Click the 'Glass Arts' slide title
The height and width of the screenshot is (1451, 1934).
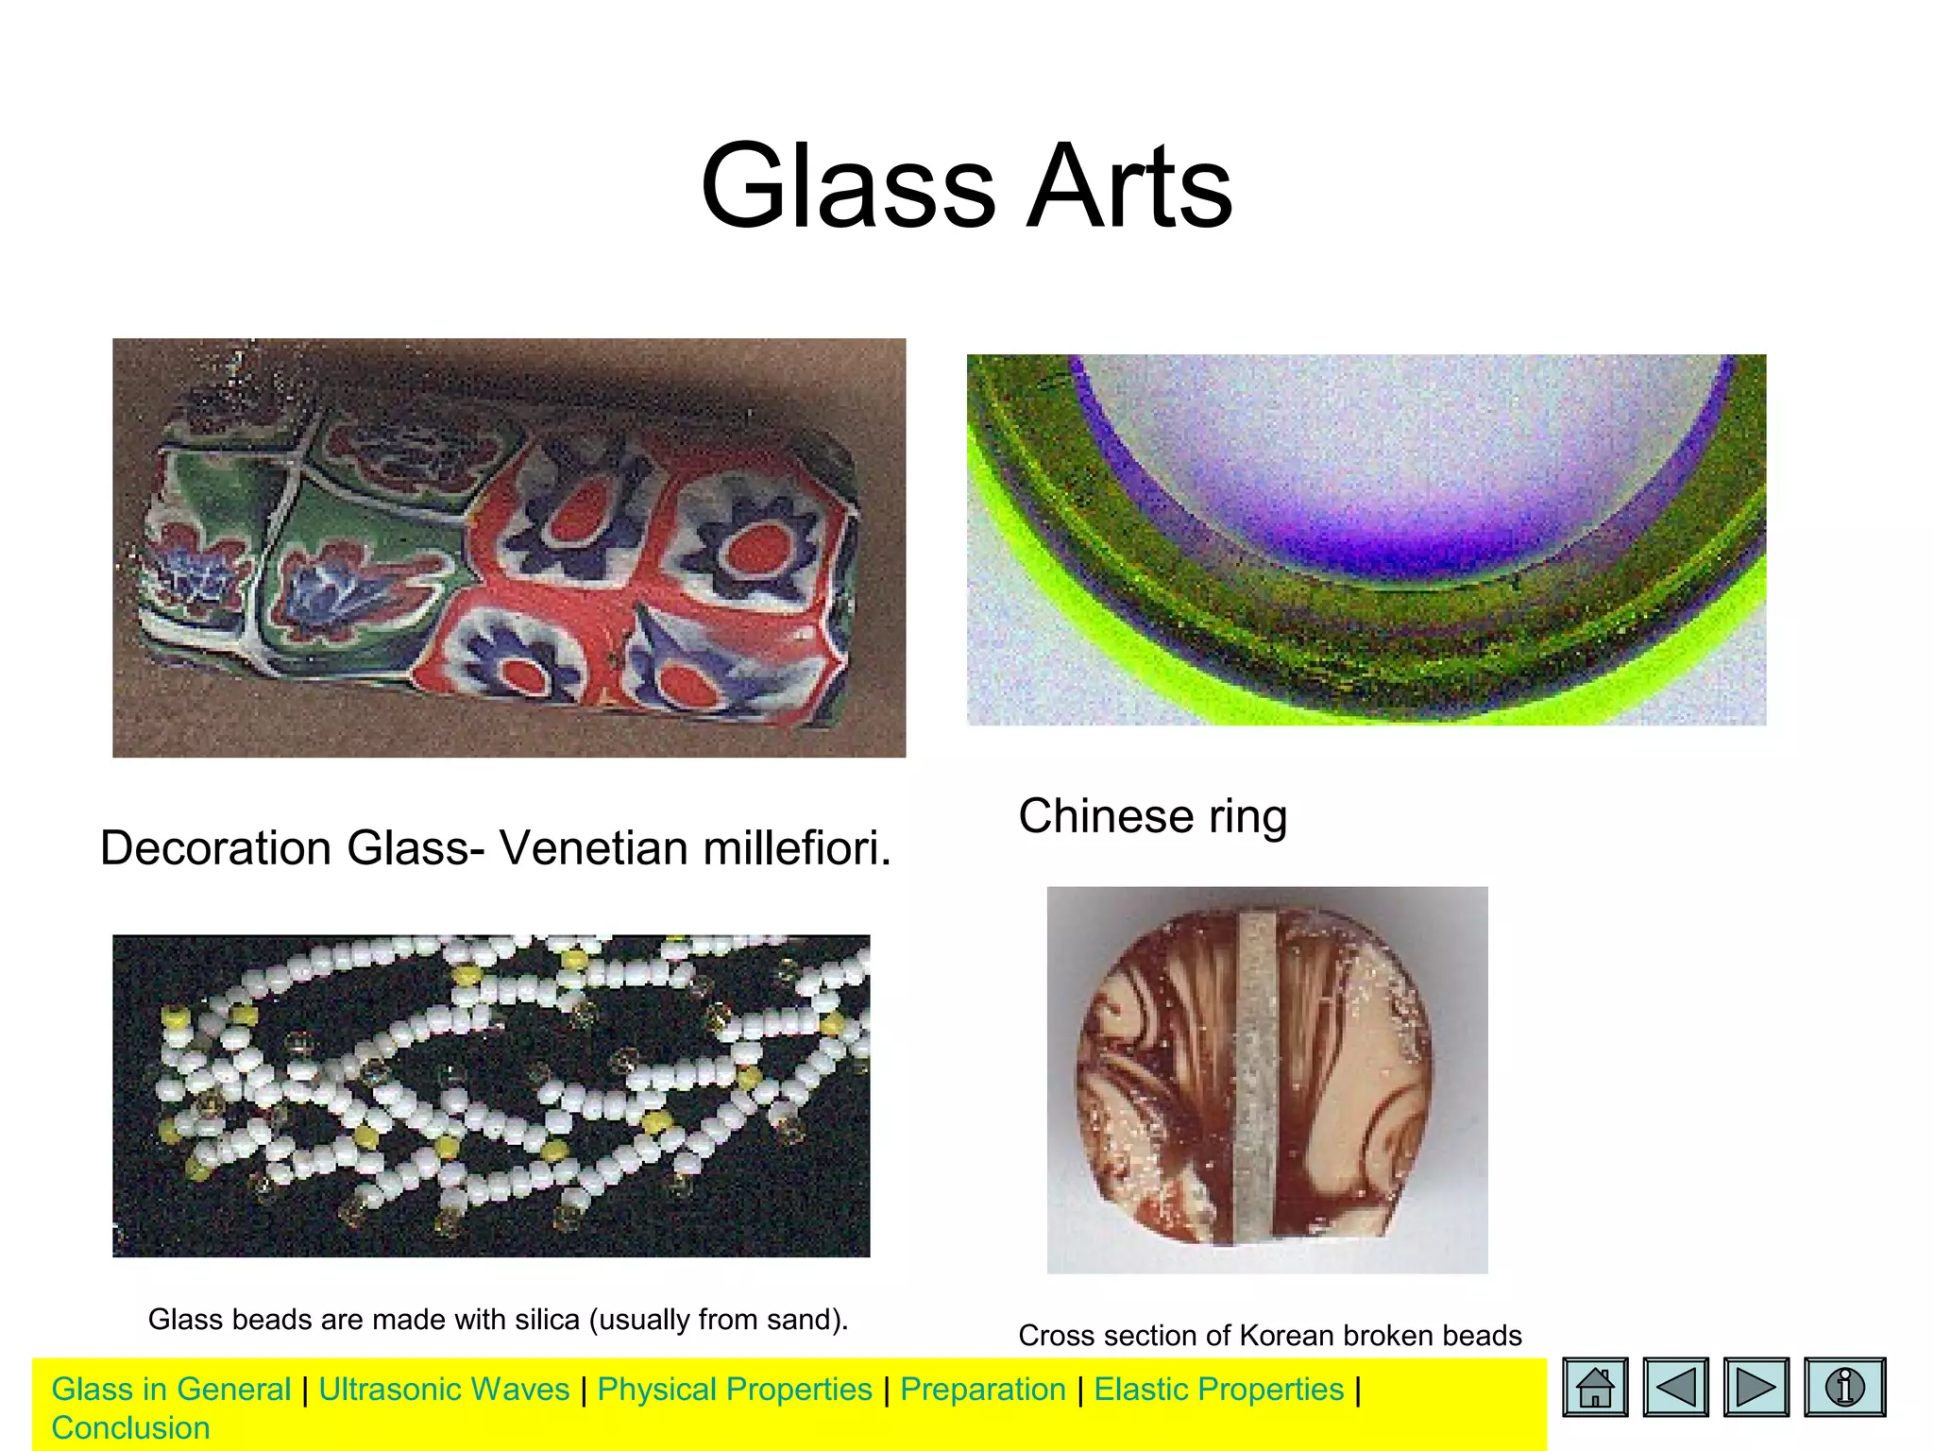click(x=966, y=185)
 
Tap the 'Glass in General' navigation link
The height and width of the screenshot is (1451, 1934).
click(x=171, y=1389)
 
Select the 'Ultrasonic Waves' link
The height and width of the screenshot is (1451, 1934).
click(x=444, y=1389)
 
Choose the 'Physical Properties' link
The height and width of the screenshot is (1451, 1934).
click(x=735, y=1389)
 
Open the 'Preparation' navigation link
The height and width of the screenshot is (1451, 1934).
click(x=982, y=1389)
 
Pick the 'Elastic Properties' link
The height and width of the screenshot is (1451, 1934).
click(x=1218, y=1389)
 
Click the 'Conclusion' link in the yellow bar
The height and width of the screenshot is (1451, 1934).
click(x=130, y=1427)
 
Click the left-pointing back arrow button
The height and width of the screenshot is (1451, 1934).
click(x=1675, y=1387)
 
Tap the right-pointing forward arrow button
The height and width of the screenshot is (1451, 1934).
click(x=1756, y=1387)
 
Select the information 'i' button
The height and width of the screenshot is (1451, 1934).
click(x=1843, y=1387)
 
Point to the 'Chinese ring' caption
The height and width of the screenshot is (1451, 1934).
click(x=1152, y=816)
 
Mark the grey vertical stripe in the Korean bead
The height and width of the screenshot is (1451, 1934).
click(x=1255, y=1077)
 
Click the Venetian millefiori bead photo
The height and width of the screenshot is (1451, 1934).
click(x=508, y=548)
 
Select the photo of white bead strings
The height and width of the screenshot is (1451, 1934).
click(x=491, y=1096)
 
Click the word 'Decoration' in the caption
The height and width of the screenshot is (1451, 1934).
click(x=215, y=847)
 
